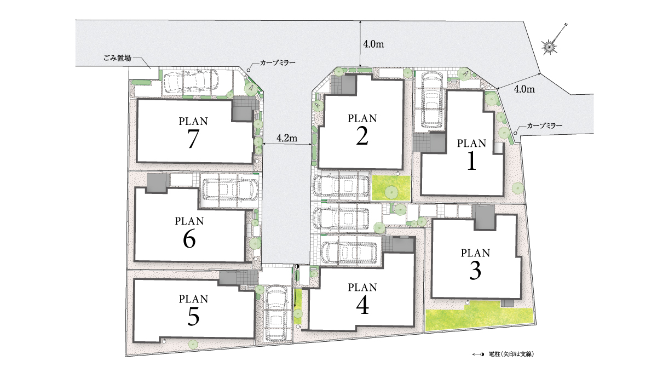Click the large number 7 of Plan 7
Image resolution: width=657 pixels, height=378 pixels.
pos(193,139)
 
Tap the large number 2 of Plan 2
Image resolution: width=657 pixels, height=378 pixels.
pos(362,136)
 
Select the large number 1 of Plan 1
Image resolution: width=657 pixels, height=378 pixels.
pos(471,161)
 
